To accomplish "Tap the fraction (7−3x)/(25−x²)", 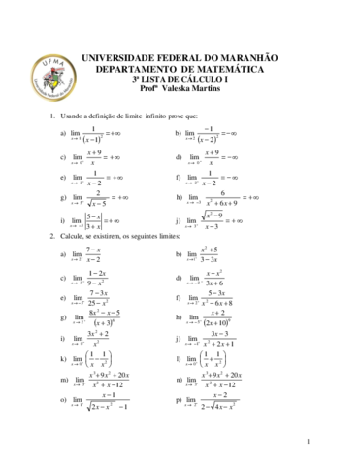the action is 97,298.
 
